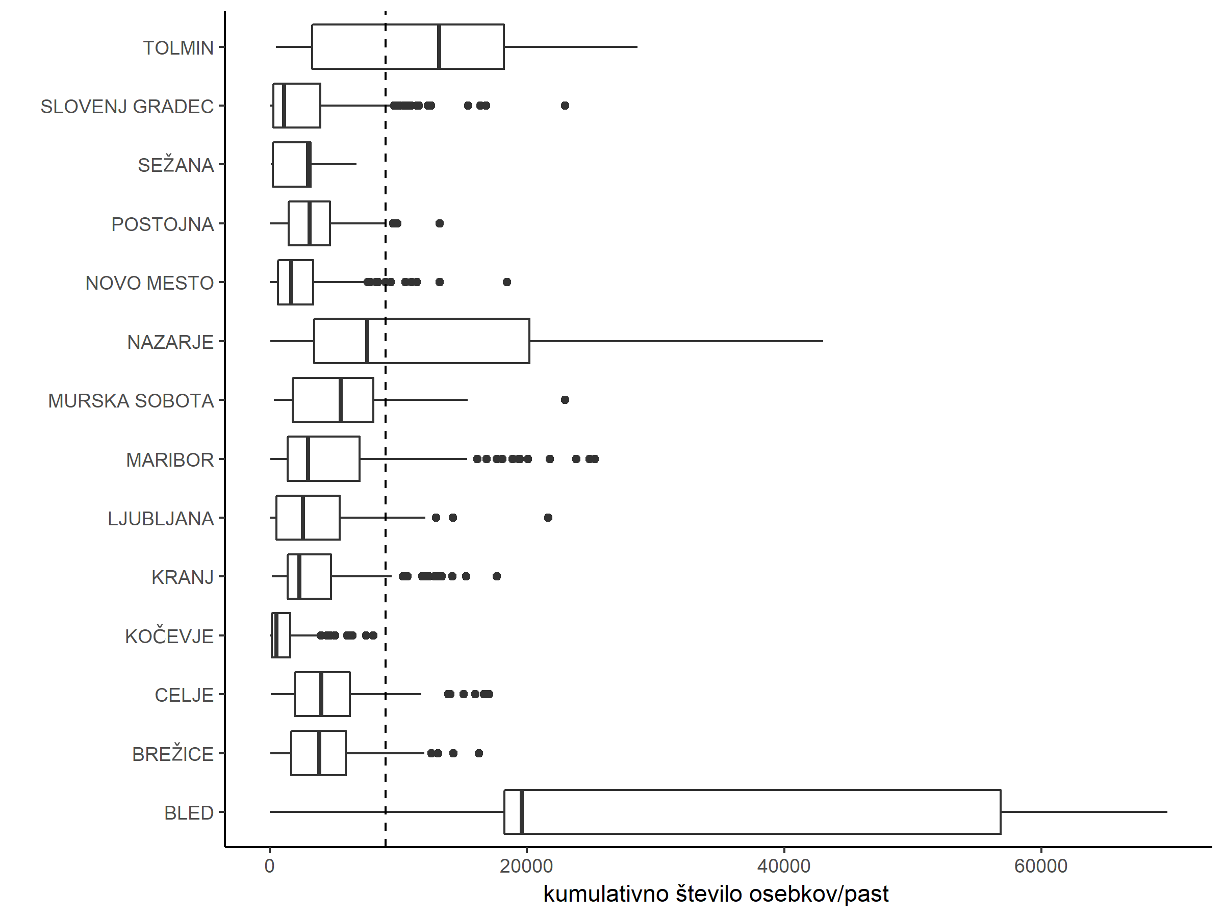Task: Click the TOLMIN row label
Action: tap(178, 48)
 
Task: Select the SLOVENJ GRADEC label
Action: tap(127, 106)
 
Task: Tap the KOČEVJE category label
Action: tap(169, 636)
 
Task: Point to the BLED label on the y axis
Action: tap(189, 813)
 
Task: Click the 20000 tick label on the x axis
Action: tap(526, 866)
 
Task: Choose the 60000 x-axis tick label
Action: tap(1041, 866)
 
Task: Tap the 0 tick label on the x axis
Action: tap(269, 866)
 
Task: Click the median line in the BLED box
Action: tap(522, 812)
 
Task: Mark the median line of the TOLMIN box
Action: tap(439, 47)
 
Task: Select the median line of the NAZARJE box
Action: tap(367, 341)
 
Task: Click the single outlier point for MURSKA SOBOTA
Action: tap(565, 400)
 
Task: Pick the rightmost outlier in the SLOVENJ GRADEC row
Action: tap(565, 106)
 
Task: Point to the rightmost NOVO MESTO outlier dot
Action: tap(507, 282)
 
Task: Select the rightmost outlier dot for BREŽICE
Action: tap(479, 754)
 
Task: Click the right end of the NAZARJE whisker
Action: tap(823, 341)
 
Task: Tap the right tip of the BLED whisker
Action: tap(1167, 812)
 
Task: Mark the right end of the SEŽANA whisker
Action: tap(356, 164)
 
